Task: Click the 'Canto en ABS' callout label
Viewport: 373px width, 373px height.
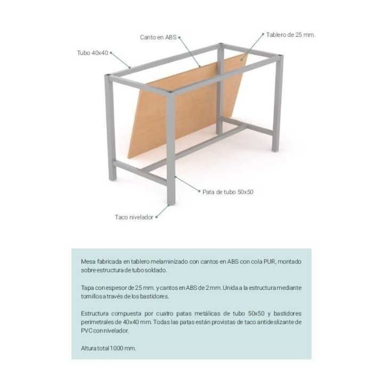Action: pyautogui.click(x=158, y=37)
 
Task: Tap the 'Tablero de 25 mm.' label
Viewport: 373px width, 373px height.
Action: pyautogui.click(x=291, y=35)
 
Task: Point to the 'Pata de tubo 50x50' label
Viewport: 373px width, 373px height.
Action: pyautogui.click(x=228, y=191)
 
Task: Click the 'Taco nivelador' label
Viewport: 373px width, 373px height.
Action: pyautogui.click(x=134, y=217)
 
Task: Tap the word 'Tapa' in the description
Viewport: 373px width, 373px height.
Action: pyautogui.click(x=87, y=287)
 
